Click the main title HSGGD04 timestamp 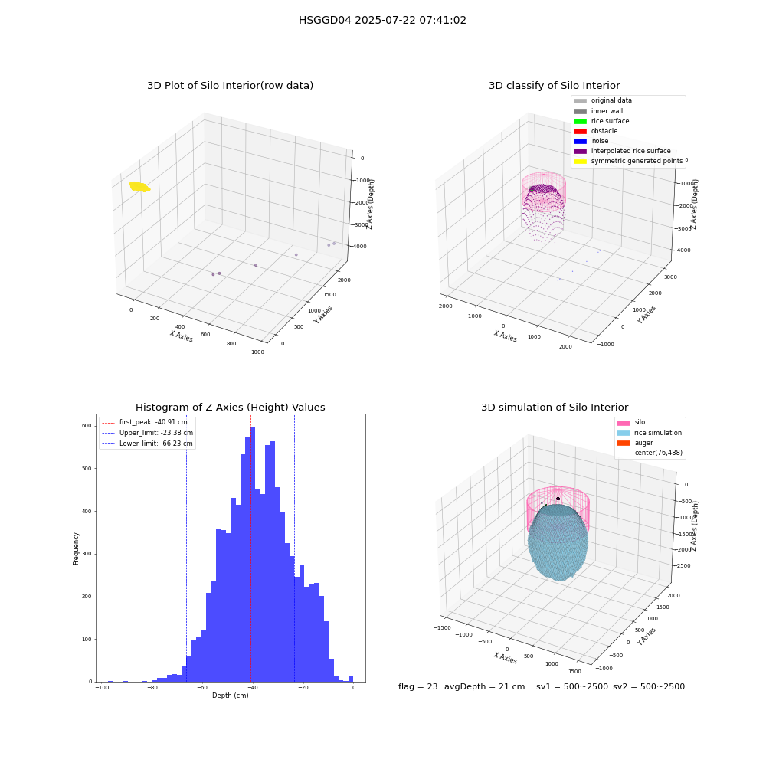click(382, 20)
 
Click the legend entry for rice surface click(601, 121)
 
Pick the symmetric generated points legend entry click(628, 161)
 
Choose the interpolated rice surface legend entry click(622, 151)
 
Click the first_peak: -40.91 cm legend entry click(145, 422)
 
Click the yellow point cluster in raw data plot click(139, 187)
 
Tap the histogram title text click(230, 408)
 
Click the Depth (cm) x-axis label click(231, 696)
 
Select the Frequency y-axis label click(76, 548)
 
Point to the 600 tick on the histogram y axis click(87, 426)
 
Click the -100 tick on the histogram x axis click(102, 688)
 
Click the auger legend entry click(635, 443)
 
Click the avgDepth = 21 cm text click(485, 686)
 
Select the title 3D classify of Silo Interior click(555, 86)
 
